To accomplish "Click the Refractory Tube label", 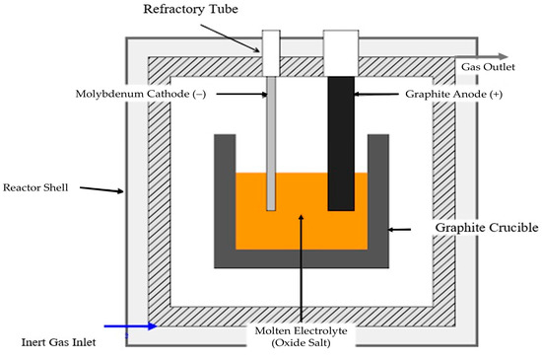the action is click(190, 9).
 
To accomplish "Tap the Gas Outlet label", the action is click(488, 67).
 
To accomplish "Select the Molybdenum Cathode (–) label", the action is click(141, 94).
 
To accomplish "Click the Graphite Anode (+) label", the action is click(454, 94).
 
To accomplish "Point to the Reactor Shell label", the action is click(35, 187).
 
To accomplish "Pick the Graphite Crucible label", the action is click(487, 228).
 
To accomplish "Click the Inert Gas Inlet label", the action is click(58, 342).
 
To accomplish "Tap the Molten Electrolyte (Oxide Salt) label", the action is click(301, 337).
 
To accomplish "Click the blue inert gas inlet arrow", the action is click(131, 325).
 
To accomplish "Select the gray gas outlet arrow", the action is click(482, 57).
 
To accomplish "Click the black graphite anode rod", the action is click(341, 144).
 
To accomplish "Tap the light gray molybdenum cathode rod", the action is click(271, 144).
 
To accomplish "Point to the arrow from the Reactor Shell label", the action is click(102, 189).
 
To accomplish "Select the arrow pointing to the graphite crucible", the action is click(399, 229).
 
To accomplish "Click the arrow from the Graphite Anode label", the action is click(376, 94).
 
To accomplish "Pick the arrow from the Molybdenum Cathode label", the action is click(242, 94).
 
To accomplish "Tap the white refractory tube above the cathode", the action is click(271, 53).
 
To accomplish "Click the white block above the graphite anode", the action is click(341, 53).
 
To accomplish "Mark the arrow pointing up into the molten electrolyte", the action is click(302, 268).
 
